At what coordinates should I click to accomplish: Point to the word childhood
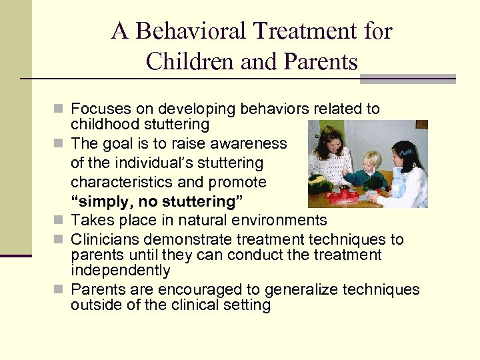point(106,124)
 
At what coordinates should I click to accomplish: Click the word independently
point(121,271)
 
